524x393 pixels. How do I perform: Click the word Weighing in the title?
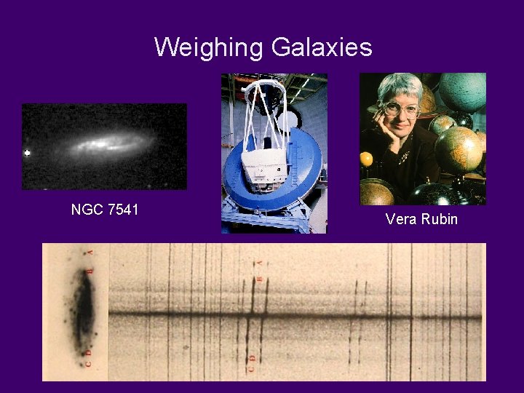(209, 48)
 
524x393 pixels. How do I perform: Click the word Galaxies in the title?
(321, 48)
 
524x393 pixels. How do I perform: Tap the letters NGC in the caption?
(86, 210)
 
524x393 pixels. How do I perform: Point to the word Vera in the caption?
(400, 218)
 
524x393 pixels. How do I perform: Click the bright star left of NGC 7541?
(28, 153)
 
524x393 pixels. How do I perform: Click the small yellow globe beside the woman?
(367, 159)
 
